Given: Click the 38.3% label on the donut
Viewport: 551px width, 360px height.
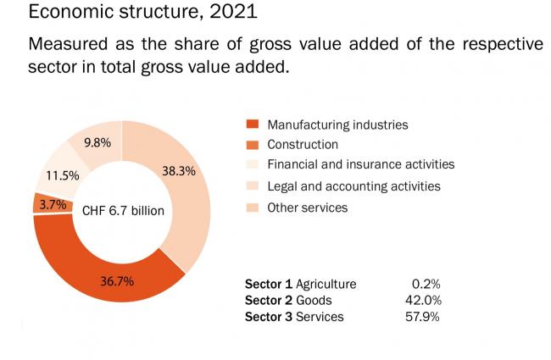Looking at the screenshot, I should pos(179,170).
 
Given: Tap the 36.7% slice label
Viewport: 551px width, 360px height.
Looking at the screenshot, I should pos(117,281).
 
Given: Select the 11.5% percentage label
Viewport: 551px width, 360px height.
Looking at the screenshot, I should pos(62,175).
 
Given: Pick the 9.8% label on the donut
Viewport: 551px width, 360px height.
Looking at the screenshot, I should pos(97,142).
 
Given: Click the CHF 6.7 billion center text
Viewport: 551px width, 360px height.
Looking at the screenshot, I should pos(123,210).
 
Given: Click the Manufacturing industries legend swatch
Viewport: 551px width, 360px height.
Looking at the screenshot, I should pos(252,125).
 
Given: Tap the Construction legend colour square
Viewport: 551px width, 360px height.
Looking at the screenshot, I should pos(252,145).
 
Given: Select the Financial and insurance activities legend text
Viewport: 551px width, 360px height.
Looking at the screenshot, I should pos(360,164).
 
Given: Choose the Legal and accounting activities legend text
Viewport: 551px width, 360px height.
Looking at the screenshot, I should pos(353,186).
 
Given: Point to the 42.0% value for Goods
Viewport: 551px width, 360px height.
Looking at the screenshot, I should pos(424,300).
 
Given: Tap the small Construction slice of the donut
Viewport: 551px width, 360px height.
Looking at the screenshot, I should pos(41,203).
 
